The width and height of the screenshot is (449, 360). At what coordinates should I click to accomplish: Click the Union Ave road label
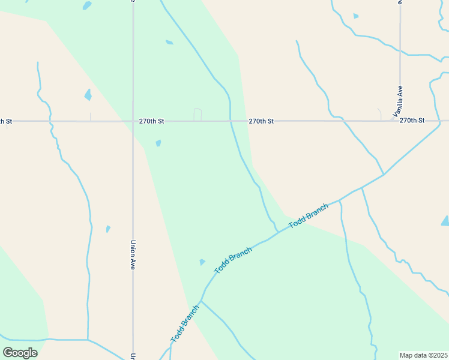click(x=133, y=255)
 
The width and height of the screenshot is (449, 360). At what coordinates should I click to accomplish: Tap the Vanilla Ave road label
click(x=399, y=101)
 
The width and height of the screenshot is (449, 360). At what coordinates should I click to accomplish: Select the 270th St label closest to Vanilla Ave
click(x=412, y=121)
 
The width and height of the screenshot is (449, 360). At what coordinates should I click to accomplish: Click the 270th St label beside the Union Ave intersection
click(x=152, y=121)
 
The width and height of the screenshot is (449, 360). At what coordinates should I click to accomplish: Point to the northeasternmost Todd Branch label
click(x=309, y=216)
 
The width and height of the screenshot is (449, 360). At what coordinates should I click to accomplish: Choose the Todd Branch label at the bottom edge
click(x=184, y=324)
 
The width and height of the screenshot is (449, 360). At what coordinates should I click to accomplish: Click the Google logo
click(x=20, y=352)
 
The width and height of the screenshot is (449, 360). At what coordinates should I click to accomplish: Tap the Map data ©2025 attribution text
click(x=423, y=355)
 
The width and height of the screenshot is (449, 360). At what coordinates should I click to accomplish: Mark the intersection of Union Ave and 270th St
click(x=133, y=121)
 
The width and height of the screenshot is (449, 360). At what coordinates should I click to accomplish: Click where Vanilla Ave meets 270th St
click(x=393, y=121)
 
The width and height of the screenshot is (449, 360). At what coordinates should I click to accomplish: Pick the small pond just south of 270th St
click(x=158, y=143)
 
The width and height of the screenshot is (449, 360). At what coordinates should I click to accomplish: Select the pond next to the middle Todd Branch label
click(x=202, y=262)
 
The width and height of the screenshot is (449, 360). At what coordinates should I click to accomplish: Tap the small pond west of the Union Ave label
click(x=108, y=229)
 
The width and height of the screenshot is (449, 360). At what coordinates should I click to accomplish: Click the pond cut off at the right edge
click(x=445, y=221)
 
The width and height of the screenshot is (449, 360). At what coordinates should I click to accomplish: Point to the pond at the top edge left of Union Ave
click(x=88, y=5)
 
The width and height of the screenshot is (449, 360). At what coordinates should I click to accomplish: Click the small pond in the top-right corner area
click(x=356, y=16)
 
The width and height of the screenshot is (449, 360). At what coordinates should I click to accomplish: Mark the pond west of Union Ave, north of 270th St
click(x=88, y=94)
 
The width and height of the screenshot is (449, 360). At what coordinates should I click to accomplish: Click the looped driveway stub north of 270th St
click(x=197, y=113)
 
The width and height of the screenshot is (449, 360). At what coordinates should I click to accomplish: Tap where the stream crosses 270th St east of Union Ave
click(x=231, y=121)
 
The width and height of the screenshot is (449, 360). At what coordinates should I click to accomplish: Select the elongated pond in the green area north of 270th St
click(x=169, y=42)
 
